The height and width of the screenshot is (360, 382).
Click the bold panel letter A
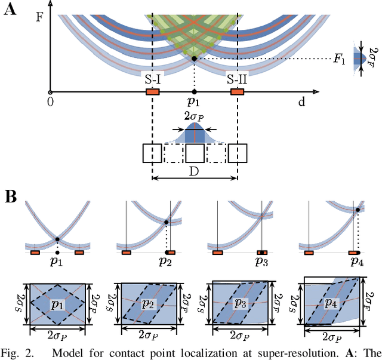10,11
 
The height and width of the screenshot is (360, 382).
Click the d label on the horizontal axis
301,102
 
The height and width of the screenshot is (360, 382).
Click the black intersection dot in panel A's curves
195,59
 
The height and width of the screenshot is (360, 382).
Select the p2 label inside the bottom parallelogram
147,304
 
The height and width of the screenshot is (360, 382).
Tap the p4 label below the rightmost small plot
356,261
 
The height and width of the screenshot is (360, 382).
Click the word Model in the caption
60,351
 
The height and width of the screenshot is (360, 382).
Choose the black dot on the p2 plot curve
167,221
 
